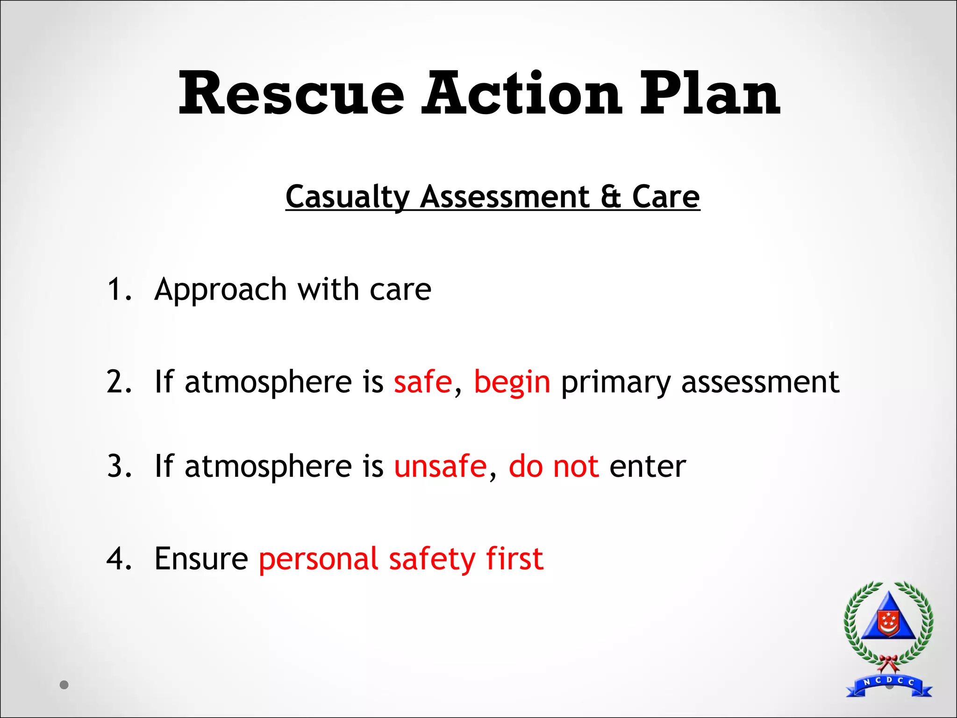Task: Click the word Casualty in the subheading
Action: click(x=347, y=197)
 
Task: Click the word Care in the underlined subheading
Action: click(x=665, y=197)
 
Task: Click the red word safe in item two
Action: click(x=423, y=382)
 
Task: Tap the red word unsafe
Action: click(x=440, y=466)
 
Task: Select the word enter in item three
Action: click(x=648, y=466)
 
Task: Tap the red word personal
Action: click(x=318, y=559)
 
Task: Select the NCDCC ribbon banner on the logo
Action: click(x=889, y=684)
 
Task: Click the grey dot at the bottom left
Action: click(x=64, y=685)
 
